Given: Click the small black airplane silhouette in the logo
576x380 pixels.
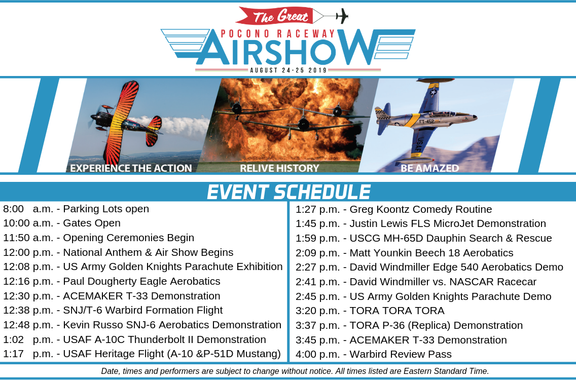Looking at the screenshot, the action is coord(342,16).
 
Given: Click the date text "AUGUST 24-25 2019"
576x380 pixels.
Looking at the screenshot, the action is coord(289,70).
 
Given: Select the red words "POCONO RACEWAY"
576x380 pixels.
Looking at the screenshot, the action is coord(278,34).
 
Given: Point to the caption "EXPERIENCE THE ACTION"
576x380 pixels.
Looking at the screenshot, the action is coord(131,168).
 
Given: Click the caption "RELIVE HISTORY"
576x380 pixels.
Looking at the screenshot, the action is coord(279,168).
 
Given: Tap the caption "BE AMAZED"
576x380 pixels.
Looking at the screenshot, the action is coord(430,168).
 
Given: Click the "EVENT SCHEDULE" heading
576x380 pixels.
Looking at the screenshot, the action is coord(289,192).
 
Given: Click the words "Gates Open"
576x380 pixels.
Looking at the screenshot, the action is coord(92,223).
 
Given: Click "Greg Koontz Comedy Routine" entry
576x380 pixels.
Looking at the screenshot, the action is coord(421,209).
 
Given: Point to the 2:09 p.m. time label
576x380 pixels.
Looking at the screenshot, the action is coord(318,253).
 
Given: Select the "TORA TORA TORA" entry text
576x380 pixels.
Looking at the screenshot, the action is coord(397,311).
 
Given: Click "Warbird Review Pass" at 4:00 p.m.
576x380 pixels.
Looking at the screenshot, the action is coord(401,354).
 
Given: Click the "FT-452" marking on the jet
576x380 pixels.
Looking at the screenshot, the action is coord(427,121).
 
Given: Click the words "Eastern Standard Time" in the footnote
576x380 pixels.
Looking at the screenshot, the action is coord(446,371).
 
